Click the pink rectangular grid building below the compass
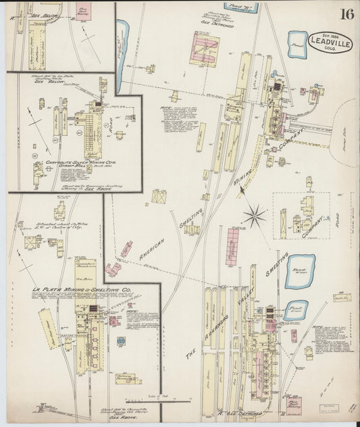tap(233, 247)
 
